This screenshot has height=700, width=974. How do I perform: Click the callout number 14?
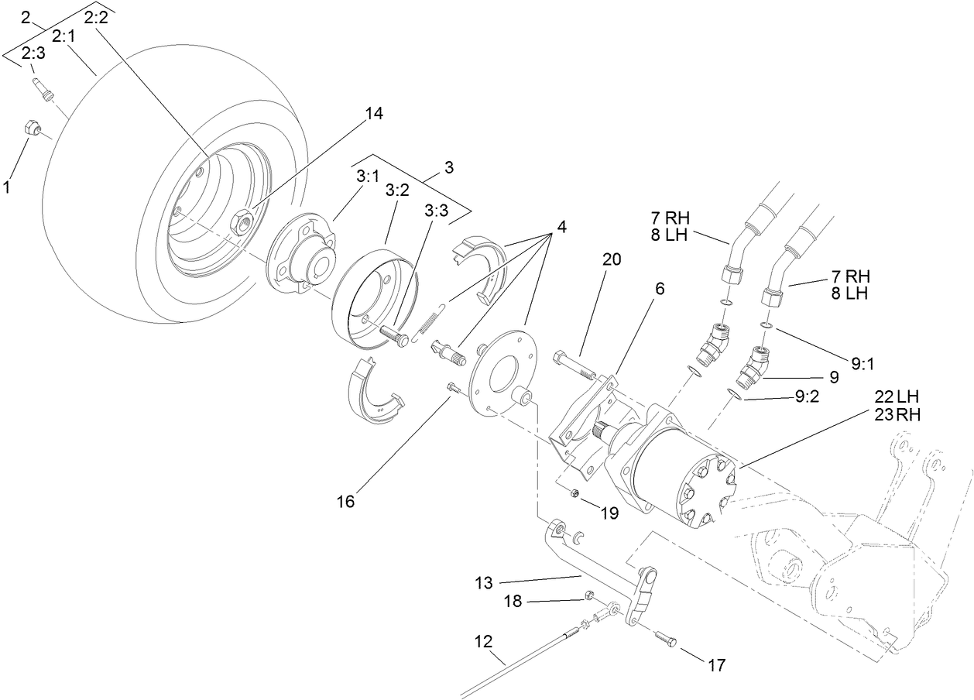[374, 114]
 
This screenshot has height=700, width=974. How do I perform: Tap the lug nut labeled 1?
[33, 129]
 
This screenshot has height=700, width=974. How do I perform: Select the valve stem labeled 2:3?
[44, 87]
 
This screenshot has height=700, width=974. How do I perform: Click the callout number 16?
[345, 502]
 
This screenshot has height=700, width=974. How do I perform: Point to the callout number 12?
[483, 642]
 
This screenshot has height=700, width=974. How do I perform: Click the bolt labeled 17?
[665, 640]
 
